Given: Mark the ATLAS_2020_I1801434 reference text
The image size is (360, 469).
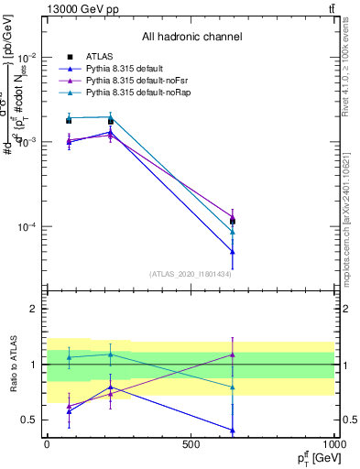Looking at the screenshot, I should [x=191, y=274].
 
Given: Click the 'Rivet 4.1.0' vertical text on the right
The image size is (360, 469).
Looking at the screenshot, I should [x=352, y=73].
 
